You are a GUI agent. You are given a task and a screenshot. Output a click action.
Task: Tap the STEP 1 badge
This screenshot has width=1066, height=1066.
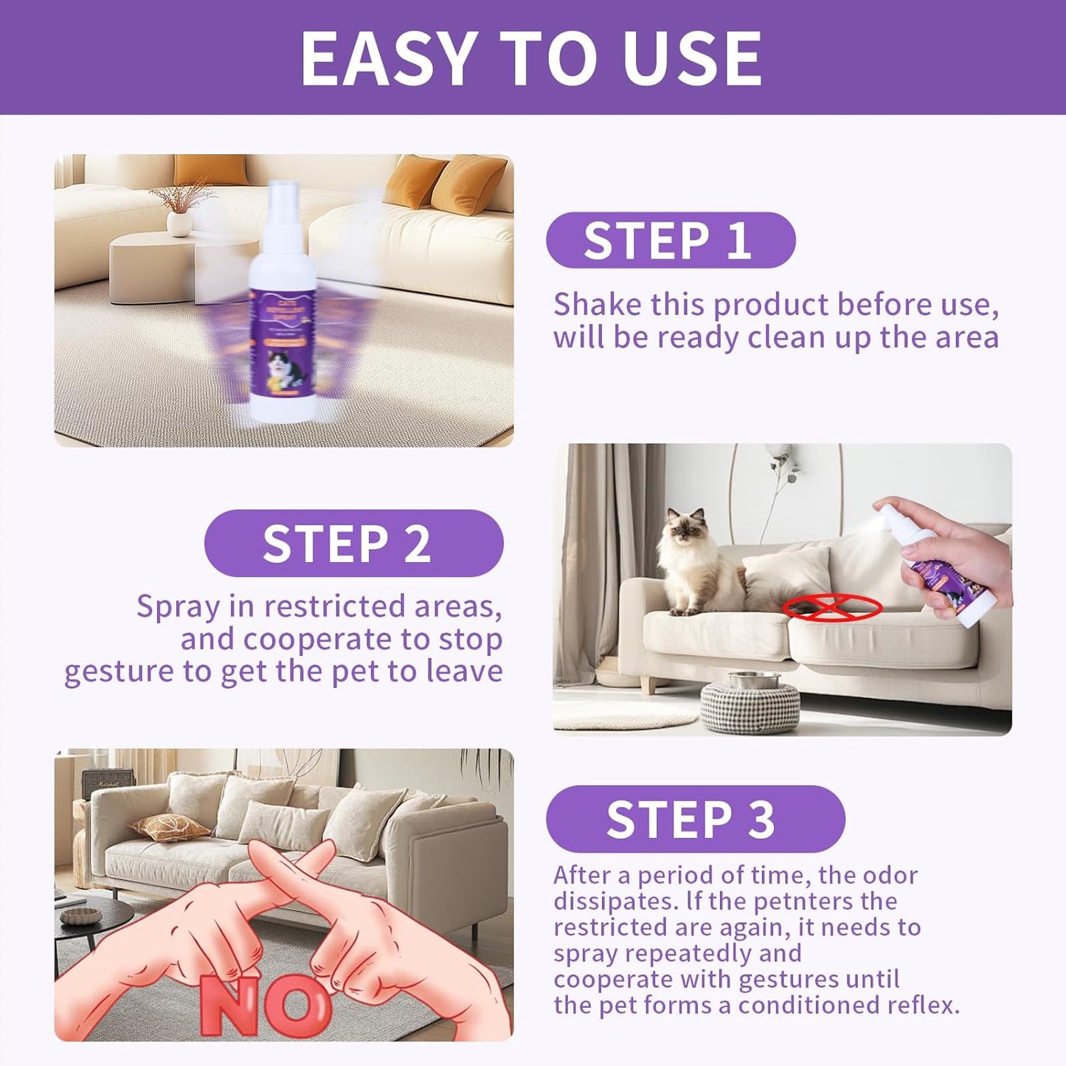click(x=670, y=240)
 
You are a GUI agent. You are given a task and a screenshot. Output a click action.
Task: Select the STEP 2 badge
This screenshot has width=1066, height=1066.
click(x=353, y=544)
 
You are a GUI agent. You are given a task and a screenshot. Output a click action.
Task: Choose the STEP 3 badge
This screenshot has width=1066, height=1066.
click(x=695, y=820)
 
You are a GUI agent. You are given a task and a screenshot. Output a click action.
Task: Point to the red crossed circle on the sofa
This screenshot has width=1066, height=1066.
click(x=832, y=607)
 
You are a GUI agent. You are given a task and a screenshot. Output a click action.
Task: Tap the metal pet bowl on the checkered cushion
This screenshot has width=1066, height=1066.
click(x=753, y=679)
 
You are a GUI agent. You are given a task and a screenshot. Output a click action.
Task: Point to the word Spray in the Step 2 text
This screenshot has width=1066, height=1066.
click(x=178, y=606)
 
